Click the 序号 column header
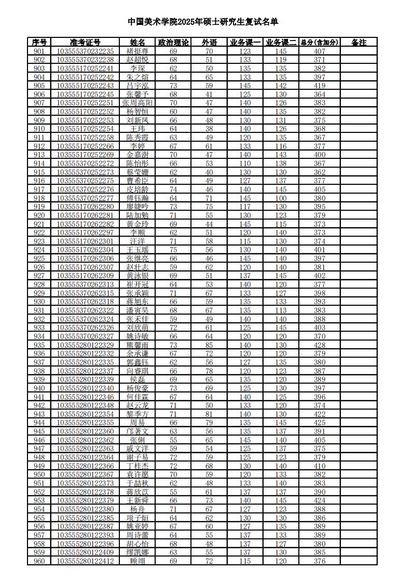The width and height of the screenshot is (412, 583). click(x=39, y=43)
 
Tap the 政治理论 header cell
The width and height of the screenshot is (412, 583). click(x=173, y=43)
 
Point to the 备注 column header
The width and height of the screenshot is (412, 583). click(x=359, y=43)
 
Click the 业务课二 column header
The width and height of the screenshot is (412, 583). click(x=281, y=43)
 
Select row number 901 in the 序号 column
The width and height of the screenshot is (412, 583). click(x=39, y=51)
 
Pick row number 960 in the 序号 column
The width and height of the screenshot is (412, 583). click(x=39, y=561)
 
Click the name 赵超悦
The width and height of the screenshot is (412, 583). click(x=138, y=60)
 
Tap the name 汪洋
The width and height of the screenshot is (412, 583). click(x=138, y=241)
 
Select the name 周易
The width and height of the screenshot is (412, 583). click(x=138, y=423)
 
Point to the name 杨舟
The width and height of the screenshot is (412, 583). click(x=138, y=509)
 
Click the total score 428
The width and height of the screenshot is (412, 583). click(x=320, y=345)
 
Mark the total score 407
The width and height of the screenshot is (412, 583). click(x=320, y=51)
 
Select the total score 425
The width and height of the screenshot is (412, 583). click(x=320, y=423)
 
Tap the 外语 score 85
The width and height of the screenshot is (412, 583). click(x=209, y=345)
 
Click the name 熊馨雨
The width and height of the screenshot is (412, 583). click(x=138, y=345)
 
